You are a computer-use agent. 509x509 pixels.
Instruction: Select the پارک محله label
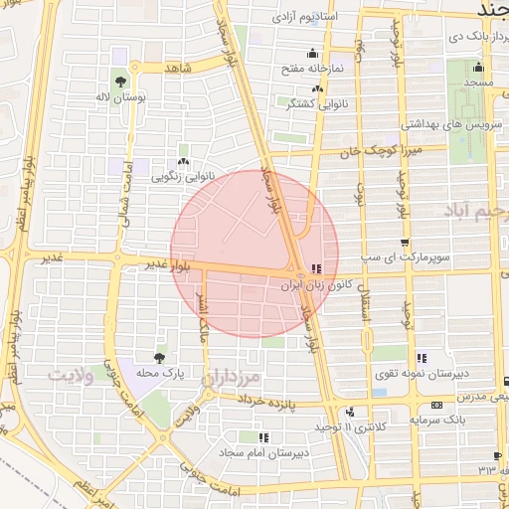(x=160, y=373)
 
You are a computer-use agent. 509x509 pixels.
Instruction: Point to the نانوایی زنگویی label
(x=182, y=176)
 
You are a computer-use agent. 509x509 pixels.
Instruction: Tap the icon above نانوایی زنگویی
(x=182, y=161)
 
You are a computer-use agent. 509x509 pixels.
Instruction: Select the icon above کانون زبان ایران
(x=316, y=267)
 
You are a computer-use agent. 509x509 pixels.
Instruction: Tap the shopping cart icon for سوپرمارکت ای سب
(x=404, y=243)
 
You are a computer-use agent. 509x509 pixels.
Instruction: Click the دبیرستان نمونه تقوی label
(x=423, y=373)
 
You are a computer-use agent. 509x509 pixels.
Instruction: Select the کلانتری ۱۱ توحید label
(x=349, y=426)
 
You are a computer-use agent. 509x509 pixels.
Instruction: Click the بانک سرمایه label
(x=438, y=421)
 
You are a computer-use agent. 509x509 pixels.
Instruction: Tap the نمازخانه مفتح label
(x=314, y=68)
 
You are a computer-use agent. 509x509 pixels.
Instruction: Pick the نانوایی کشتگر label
(x=316, y=103)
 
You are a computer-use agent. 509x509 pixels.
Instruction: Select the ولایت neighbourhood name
(x=71, y=375)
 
